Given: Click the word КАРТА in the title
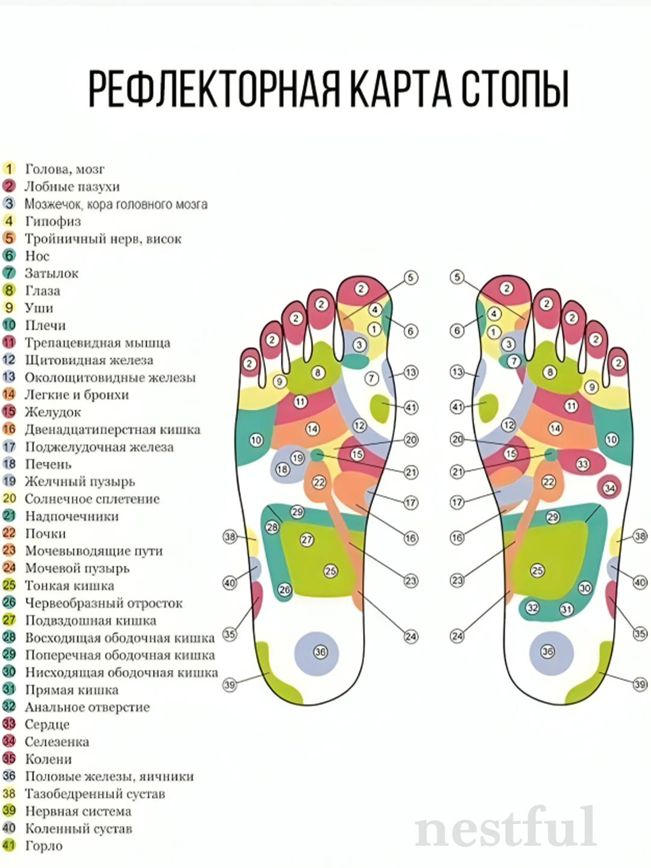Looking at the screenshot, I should click(400, 89).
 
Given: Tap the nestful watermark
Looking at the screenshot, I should click(506, 827).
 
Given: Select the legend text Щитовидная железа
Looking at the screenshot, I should click(89, 360).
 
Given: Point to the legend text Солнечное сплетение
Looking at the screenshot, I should click(92, 498).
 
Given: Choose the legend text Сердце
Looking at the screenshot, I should click(47, 724).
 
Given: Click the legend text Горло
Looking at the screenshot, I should click(43, 845).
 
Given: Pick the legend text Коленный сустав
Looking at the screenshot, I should click(78, 828).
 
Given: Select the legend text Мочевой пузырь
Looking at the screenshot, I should click(77, 568).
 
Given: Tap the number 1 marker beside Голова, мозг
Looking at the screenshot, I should click(9, 169).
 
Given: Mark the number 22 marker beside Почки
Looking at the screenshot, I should click(9, 533).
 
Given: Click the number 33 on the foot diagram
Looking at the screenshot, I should click(582, 464).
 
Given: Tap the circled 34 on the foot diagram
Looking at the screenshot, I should click(609, 487).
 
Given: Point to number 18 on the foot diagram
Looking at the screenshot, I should click(282, 469).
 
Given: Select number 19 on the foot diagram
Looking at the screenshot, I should click(297, 458).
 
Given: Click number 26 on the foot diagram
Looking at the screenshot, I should click(285, 590).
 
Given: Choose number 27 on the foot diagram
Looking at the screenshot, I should click(307, 539).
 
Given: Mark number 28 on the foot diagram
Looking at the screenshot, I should click(272, 527).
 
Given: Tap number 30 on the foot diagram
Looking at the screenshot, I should click(585, 588).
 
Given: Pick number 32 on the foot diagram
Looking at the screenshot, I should click(532, 608).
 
